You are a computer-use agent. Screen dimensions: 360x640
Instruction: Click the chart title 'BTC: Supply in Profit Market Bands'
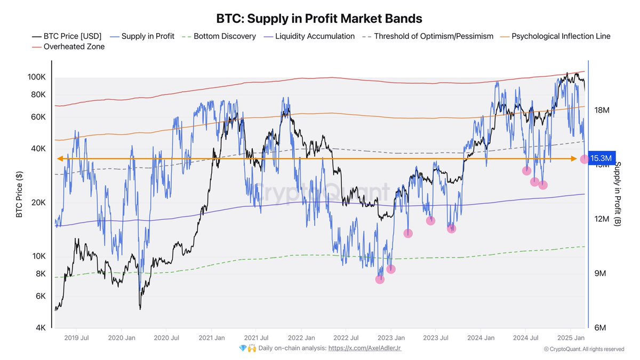coord(319,18)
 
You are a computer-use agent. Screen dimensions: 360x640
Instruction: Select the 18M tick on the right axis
coord(602,110)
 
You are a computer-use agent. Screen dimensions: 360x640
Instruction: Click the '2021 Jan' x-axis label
coord(212,338)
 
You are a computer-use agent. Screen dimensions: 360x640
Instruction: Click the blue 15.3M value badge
coord(602,158)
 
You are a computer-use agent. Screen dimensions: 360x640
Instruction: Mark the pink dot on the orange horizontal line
coord(584,159)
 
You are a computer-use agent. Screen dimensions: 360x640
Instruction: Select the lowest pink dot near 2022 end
coord(380,279)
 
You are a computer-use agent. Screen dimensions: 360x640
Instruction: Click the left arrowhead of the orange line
coord(60,158)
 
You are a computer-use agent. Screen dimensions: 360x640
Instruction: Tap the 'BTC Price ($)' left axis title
coord(19,194)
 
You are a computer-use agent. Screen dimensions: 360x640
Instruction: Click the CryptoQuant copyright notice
coord(583,349)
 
